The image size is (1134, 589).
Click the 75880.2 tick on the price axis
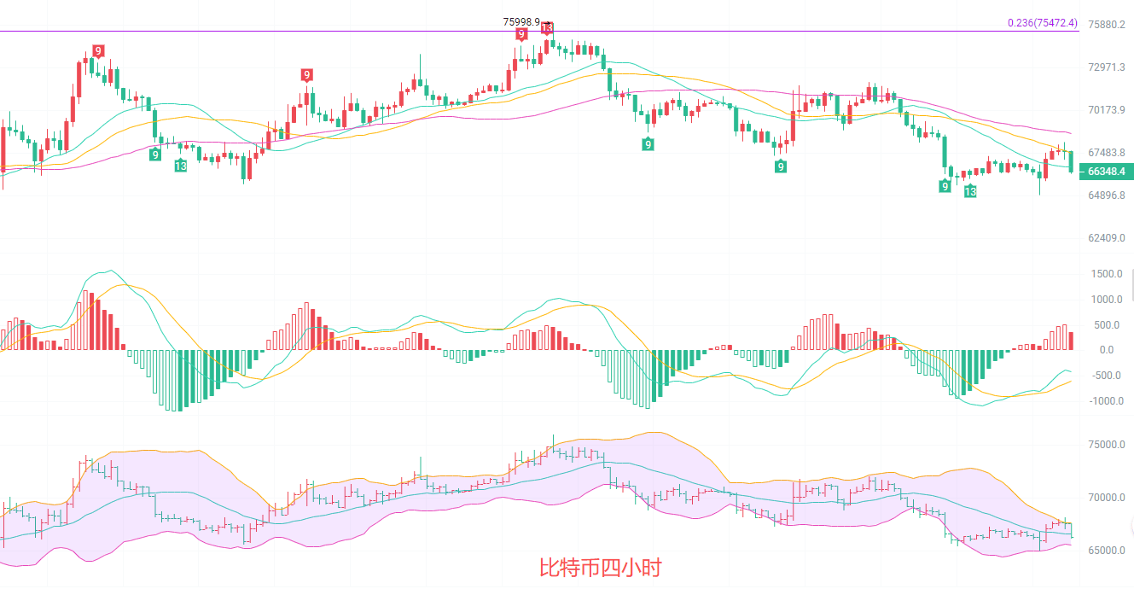(1106, 24)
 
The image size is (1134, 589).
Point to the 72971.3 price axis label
(1106, 67)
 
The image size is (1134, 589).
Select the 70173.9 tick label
(1106, 109)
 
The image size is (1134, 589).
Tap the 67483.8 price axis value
(1106, 152)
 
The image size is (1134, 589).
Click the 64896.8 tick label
(1106, 195)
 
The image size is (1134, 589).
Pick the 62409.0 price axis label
(1106, 237)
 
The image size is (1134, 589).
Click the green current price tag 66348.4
(1106, 172)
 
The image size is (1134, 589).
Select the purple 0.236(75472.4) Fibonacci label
(1042, 23)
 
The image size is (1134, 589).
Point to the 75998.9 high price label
(521, 21)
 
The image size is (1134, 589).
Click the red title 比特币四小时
(600, 568)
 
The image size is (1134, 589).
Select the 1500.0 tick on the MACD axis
(1106, 274)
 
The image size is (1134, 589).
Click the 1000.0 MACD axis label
(1106, 300)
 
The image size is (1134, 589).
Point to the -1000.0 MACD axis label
(1104, 401)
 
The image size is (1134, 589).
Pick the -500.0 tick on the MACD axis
(1106, 376)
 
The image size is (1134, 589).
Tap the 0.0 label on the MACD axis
(1106, 350)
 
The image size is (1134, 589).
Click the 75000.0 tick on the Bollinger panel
(1106, 445)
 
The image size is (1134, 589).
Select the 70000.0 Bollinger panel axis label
(1106, 498)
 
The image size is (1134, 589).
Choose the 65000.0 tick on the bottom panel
(1106, 550)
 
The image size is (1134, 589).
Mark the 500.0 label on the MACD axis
(1106, 325)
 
